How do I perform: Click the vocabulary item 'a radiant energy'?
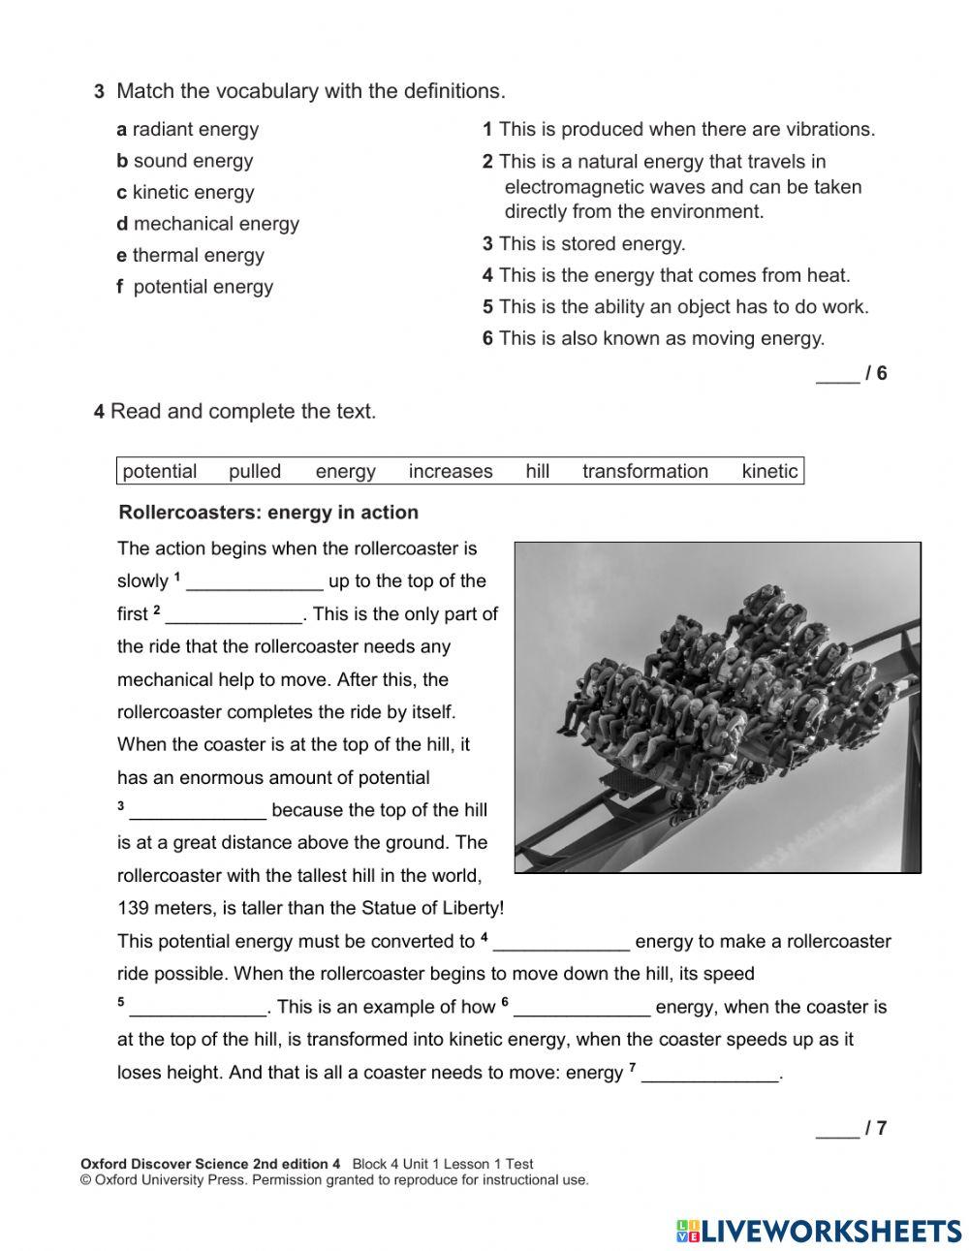188,129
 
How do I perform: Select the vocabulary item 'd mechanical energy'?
207,224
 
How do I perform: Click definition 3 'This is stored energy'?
584,244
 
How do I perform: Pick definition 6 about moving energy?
654,338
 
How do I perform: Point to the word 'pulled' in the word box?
255,472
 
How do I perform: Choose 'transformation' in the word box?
644,472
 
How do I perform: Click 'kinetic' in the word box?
769,472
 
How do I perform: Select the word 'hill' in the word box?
538,472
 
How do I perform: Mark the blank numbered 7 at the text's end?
709,1074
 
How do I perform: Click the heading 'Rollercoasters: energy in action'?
268,513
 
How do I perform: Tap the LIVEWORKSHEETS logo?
818,1231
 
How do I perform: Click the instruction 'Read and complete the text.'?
242,412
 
